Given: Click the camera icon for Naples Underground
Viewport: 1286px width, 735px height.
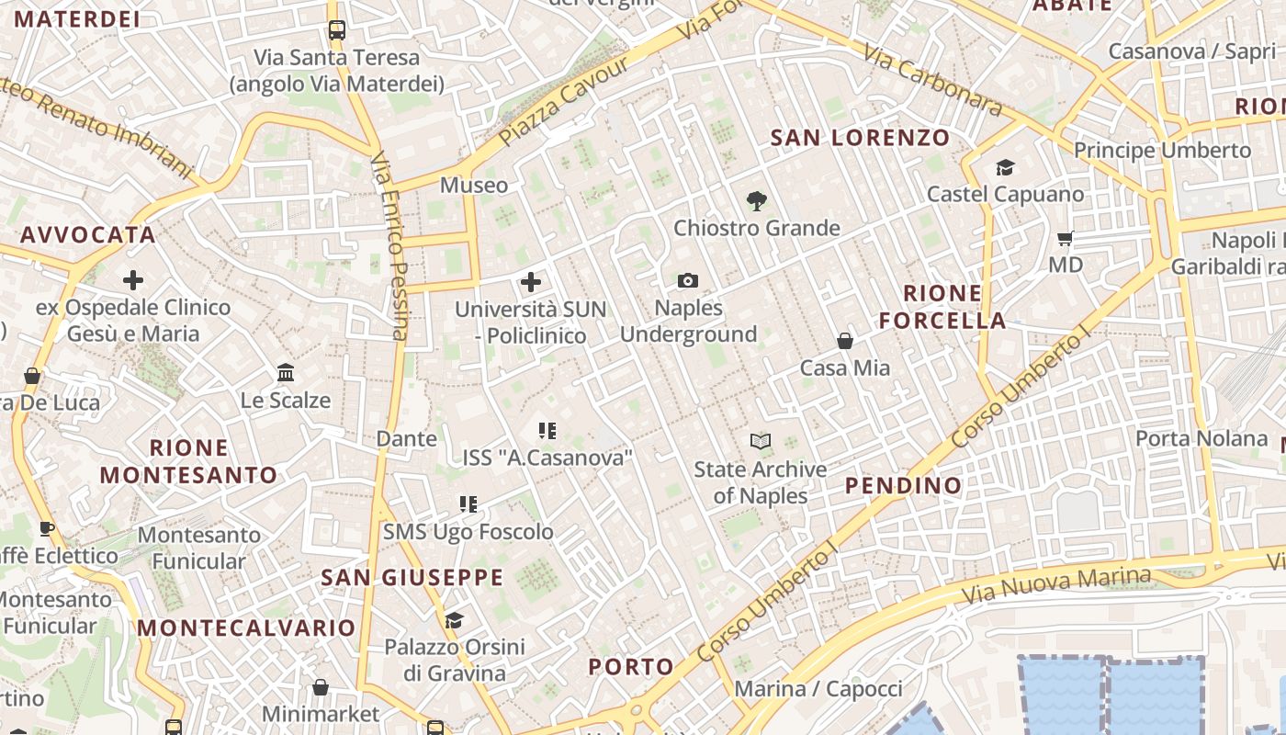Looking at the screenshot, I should tap(687, 280).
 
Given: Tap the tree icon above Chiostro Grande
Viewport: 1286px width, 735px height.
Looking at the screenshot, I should tap(757, 199).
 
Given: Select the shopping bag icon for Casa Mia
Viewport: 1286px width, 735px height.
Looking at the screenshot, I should tap(845, 341).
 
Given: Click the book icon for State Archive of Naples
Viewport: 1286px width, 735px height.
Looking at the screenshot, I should tap(760, 442).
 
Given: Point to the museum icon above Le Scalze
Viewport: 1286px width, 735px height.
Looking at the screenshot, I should tap(286, 373).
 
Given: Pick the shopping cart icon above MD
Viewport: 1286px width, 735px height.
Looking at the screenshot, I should tap(1066, 239).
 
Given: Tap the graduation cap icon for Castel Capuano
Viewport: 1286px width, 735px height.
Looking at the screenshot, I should tap(1005, 167).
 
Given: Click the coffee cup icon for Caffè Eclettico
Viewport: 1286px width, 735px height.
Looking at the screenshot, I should tap(47, 528).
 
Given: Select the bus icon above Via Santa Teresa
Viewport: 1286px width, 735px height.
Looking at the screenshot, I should tap(336, 29).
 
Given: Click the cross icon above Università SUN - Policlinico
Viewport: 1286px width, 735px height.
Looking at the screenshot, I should tap(531, 282).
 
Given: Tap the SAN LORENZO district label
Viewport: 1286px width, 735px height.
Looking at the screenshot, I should tap(860, 138).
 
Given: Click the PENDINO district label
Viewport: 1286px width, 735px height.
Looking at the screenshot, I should tap(903, 485).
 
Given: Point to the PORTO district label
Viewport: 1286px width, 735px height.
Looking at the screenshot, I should tap(631, 666).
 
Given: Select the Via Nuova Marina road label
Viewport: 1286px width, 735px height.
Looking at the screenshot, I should tap(1056, 584).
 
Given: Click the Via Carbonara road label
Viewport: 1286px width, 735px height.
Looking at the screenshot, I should tap(933, 83).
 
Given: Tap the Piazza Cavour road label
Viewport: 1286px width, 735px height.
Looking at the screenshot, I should tap(564, 101).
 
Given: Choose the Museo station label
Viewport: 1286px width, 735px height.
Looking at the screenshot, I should tap(474, 185).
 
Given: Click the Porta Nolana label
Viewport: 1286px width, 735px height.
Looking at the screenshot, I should tap(1201, 438).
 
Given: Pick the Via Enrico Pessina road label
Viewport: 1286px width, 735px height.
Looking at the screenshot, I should tap(389, 246).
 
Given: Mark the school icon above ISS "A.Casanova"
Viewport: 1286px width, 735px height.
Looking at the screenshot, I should tap(547, 430).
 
